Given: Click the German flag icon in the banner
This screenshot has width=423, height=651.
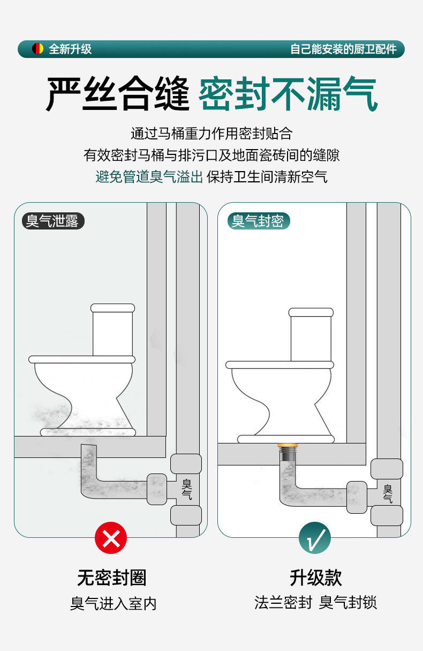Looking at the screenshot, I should pyautogui.click(x=37, y=49).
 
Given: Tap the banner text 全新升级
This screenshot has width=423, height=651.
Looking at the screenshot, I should pyautogui.click(x=70, y=49).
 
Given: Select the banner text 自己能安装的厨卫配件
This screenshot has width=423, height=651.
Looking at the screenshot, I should pyautogui.click(x=343, y=49).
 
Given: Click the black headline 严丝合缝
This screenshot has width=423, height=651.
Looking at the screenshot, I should pyautogui.click(x=118, y=94).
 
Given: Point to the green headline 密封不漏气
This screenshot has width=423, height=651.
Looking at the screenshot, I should pyautogui.click(x=288, y=94).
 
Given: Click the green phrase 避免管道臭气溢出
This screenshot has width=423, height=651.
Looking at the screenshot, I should pyautogui.click(x=149, y=176).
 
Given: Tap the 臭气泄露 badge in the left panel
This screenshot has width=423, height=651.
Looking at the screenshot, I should pyautogui.click(x=52, y=220).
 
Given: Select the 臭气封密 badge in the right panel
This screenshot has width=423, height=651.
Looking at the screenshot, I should pyautogui.click(x=258, y=220).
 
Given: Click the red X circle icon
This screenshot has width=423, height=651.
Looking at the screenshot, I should pyautogui.click(x=111, y=538).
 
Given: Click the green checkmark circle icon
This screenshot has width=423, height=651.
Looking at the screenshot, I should pyautogui.click(x=314, y=538).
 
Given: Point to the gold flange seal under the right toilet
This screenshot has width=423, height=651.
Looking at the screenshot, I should pyautogui.click(x=287, y=446).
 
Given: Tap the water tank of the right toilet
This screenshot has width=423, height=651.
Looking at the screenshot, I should pyautogui.click(x=311, y=337).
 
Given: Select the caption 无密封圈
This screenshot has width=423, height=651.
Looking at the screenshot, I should pyautogui.click(x=111, y=578).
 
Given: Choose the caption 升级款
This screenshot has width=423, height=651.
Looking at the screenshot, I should pyautogui.click(x=315, y=578).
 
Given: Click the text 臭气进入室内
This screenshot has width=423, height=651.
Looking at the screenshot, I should pyautogui.click(x=113, y=603).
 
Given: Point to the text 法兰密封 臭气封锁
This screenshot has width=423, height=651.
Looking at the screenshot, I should pyautogui.click(x=315, y=602).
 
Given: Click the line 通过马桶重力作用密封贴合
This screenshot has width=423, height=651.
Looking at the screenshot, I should pyautogui.click(x=211, y=134).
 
